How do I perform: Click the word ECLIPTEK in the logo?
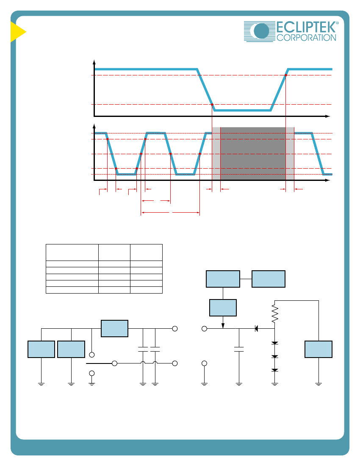point(306,27)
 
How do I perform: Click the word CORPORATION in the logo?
point(306,38)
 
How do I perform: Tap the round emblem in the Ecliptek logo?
point(261,31)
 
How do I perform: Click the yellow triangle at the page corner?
point(18,32)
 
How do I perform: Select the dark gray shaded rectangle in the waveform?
point(253,154)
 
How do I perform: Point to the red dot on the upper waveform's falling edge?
point(212,105)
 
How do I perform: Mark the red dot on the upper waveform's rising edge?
point(286,75)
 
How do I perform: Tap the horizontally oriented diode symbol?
point(256,329)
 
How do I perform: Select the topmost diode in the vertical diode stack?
point(275,343)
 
